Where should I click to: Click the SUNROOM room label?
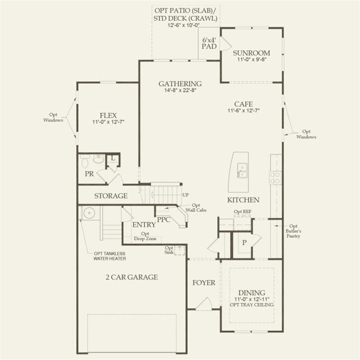coord(251,53)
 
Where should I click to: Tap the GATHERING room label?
coord(180,84)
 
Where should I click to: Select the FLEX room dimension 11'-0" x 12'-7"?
coord(108,122)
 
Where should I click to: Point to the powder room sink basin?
coord(99,159)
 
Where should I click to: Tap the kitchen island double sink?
coord(242,170)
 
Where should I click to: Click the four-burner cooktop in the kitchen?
coord(275,178)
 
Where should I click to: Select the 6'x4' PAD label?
coord(209,43)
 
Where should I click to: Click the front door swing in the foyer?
coord(204,304)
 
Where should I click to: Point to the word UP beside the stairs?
coord(186,195)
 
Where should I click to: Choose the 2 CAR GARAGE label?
coord(132,277)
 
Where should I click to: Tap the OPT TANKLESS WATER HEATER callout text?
coord(110,256)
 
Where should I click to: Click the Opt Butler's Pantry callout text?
coord(294,231)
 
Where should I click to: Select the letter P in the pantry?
coord(245,242)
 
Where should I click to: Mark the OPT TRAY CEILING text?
coord(251,305)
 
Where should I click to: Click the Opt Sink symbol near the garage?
coord(179,250)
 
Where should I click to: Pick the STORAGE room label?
coord(111,196)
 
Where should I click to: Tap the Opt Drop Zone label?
coord(145,236)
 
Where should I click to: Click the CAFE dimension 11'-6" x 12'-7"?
coord(244,110)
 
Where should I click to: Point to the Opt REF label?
coord(242,211)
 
